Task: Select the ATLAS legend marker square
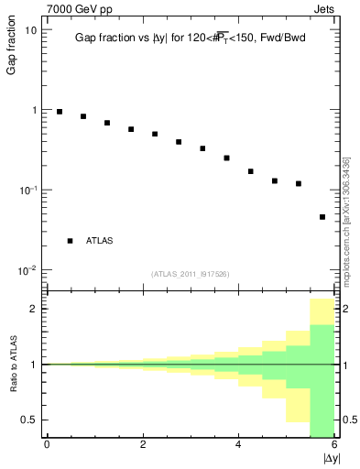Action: (70, 241)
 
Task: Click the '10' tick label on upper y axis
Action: (30, 30)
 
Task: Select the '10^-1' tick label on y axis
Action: (27, 190)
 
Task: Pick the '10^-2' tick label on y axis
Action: (27, 270)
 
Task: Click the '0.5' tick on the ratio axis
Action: (28, 420)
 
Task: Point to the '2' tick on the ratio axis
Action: (34, 309)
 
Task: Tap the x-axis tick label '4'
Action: (239, 445)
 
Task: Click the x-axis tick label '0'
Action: (47, 445)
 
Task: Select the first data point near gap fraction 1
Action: (60, 112)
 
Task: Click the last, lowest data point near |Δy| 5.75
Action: (322, 217)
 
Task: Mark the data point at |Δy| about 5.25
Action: (299, 183)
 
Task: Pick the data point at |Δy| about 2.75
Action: (179, 142)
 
